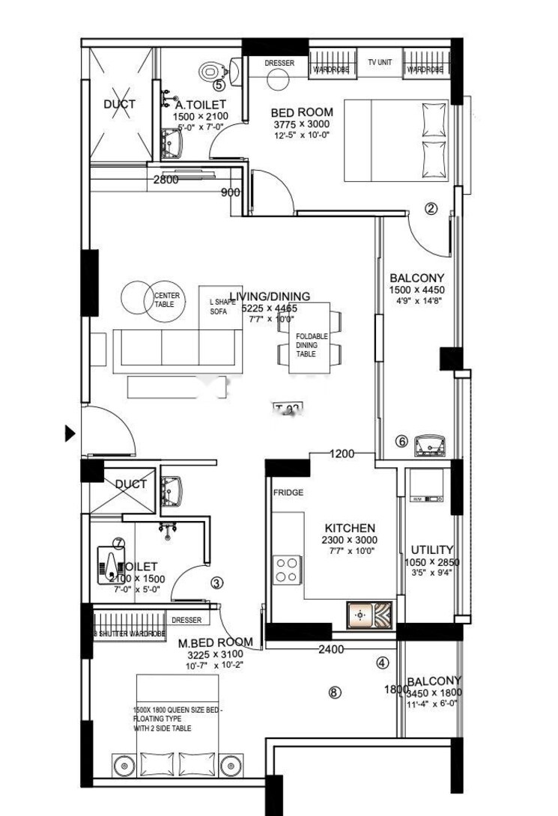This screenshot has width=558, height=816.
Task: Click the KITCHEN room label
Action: point(350,528)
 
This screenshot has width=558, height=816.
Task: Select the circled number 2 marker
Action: point(430,209)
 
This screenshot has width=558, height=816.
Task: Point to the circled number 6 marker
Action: point(401,442)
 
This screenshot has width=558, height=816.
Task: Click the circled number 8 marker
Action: point(334,692)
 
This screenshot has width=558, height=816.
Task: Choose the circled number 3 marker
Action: point(216,583)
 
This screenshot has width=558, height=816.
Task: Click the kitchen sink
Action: point(369,615)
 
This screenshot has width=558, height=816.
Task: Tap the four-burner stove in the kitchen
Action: point(286,569)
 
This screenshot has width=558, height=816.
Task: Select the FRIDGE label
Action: point(288,493)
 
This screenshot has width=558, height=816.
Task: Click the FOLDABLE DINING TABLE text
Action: point(312,345)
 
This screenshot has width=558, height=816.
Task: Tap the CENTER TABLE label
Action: point(166,300)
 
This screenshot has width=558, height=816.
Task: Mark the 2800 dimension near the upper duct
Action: point(166,180)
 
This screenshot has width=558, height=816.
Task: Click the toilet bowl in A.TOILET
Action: point(210,72)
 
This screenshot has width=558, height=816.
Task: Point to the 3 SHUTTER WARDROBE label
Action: point(129,634)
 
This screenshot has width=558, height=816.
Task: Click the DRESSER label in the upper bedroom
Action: point(279,63)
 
